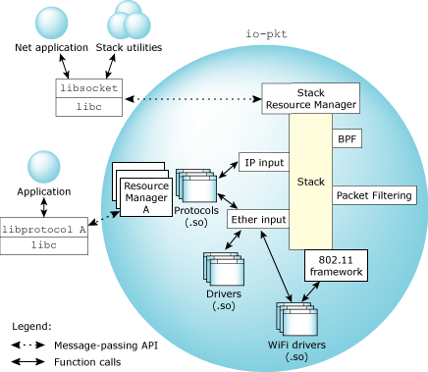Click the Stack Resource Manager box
310,98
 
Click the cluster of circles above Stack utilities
130,19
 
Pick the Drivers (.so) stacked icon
220,271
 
